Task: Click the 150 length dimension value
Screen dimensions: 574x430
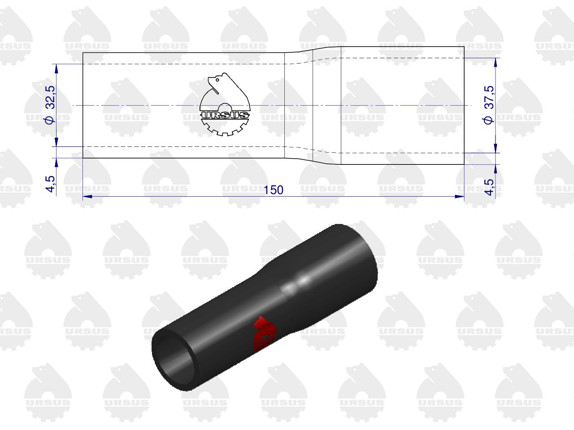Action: (273, 190)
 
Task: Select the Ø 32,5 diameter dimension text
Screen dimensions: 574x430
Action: (51, 105)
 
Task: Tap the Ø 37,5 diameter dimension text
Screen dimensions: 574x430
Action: (488, 105)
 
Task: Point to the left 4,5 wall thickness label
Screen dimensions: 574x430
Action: (51, 184)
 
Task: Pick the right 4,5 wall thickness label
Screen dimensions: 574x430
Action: (489, 187)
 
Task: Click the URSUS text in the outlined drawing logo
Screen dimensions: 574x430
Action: (225, 115)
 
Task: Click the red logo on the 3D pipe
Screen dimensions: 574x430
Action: (265, 334)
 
